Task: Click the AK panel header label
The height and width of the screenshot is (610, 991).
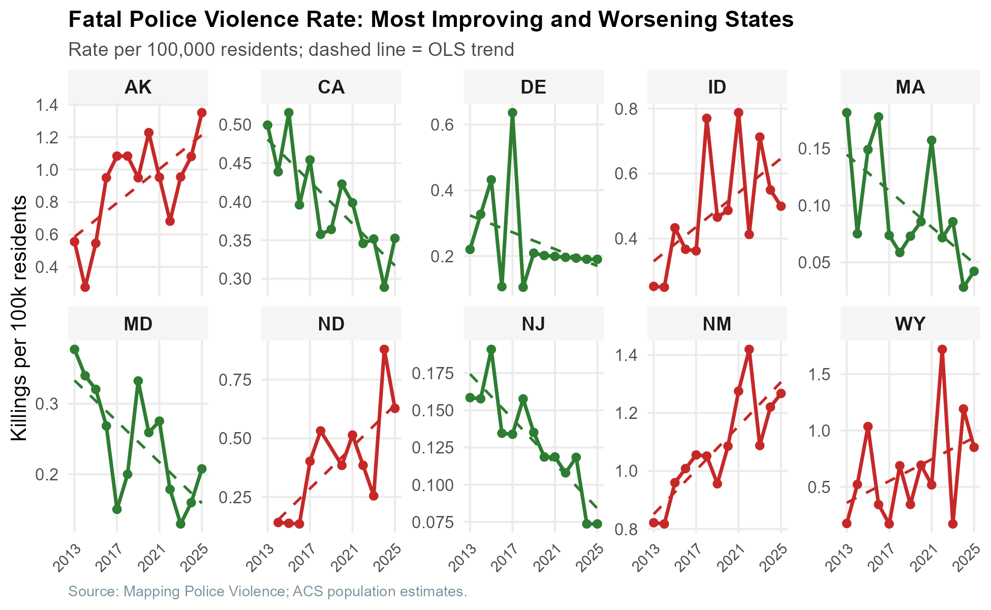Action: point(138,87)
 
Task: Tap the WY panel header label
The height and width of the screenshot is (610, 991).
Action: point(910,324)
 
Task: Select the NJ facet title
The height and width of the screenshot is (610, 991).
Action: point(533,324)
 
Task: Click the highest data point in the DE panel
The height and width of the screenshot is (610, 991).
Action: point(512,112)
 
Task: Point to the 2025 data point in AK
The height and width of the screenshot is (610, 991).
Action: point(202,112)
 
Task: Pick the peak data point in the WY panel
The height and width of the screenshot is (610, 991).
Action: point(942,349)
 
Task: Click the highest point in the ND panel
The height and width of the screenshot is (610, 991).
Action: point(384,349)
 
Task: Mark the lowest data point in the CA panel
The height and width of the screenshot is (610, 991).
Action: point(384,287)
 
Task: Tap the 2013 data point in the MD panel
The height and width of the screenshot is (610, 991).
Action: point(75,349)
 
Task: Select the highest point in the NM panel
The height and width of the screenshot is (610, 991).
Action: point(749,349)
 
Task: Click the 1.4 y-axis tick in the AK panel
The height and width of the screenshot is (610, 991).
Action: point(48,105)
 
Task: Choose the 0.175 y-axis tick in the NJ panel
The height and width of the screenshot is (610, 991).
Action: point(432,374)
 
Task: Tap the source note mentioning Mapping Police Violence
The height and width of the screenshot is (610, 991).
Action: point(267,591)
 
